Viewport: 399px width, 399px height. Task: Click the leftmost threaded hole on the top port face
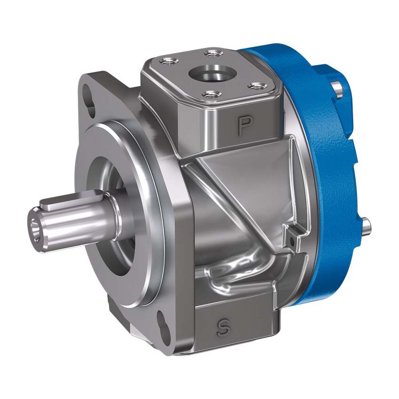[168, 61]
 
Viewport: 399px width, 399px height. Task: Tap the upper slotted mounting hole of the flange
[88, 100]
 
